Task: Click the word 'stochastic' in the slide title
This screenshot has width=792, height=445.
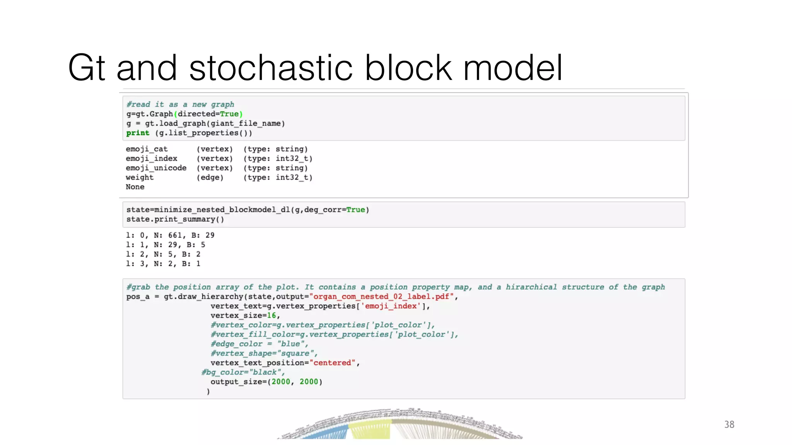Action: pyautogui.click(x=271, y=68)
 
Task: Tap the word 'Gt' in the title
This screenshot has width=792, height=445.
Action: pyautogui.click(x=86, y=68)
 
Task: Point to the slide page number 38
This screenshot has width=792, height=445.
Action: pyautogui.click(x=729, y=425)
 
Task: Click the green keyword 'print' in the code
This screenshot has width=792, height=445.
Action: pyautogui.click(x=138, y=133)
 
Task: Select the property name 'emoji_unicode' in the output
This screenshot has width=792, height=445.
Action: pyautogui.click(x=156, y=168)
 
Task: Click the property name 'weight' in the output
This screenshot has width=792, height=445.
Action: pyautogui.click(x=140, y=177)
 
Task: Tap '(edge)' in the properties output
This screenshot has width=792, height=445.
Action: pyautogui.click(x=210, y=177)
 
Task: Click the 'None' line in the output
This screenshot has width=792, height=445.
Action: pyautogui.click(x=135, y=187)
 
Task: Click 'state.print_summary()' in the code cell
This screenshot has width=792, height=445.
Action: pyautogui.click(x=175, y=219)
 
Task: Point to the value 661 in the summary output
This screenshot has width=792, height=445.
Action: pyautogui.click(x=175, y=235)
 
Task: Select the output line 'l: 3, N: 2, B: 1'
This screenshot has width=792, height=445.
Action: pyautogui.click(x=163, y=264)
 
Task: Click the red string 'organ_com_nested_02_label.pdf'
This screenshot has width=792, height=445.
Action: pyautogui.click(x=381, y=297)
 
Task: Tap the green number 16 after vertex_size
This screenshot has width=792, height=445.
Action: pyautogui.click(x=271, y=316)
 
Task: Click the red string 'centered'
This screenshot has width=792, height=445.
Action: pyautogui.click(x=332, y=363)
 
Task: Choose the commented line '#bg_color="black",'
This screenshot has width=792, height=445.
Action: pyautogui.click(x=243, y=372)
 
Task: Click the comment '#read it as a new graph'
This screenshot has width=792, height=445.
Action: pyautogui.click(x=180, y=104)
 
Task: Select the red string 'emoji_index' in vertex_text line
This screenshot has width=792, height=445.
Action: pyautogui.click(x=391, y=306)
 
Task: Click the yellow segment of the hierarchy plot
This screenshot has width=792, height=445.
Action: pyautogui.click(x=369, y=431)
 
